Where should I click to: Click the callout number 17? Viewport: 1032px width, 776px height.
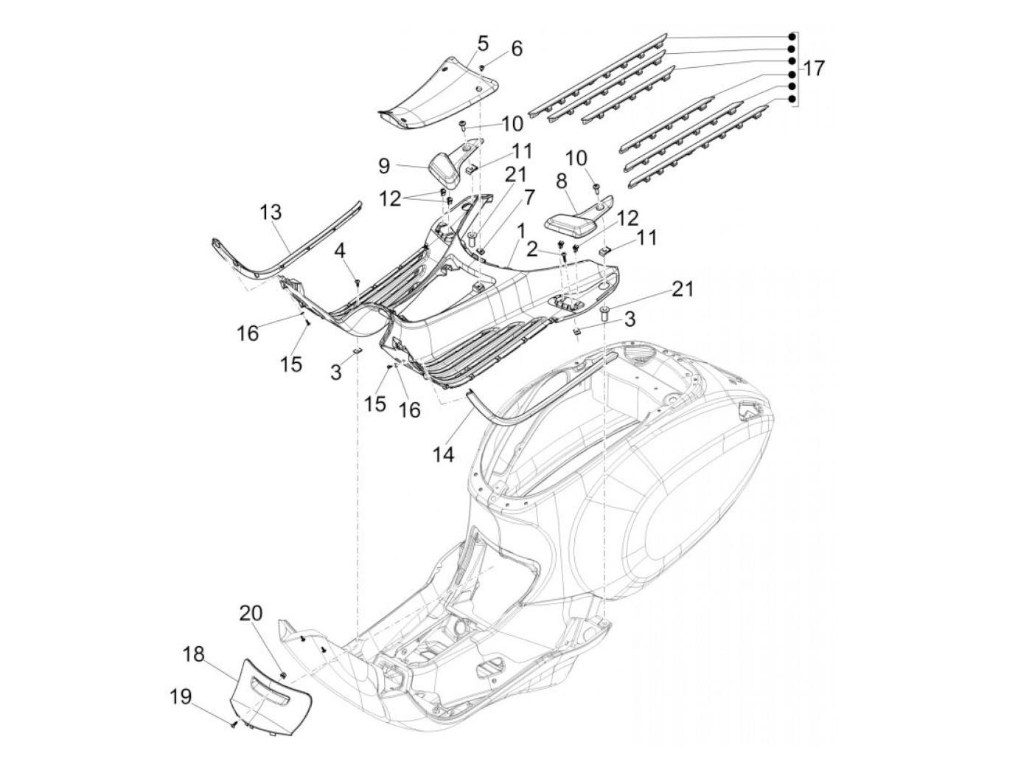tap(814, 69)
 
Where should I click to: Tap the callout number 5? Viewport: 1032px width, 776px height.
tap(483, 43)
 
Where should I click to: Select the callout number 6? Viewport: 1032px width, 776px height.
tap(516, 49)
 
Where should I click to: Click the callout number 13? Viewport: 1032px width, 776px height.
tap(271, 212)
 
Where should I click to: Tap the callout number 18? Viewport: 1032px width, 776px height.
tap(195, 654)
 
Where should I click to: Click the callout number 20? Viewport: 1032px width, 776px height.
tap(250, 614)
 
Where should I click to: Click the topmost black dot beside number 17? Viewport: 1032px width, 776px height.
tap(792, 35)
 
